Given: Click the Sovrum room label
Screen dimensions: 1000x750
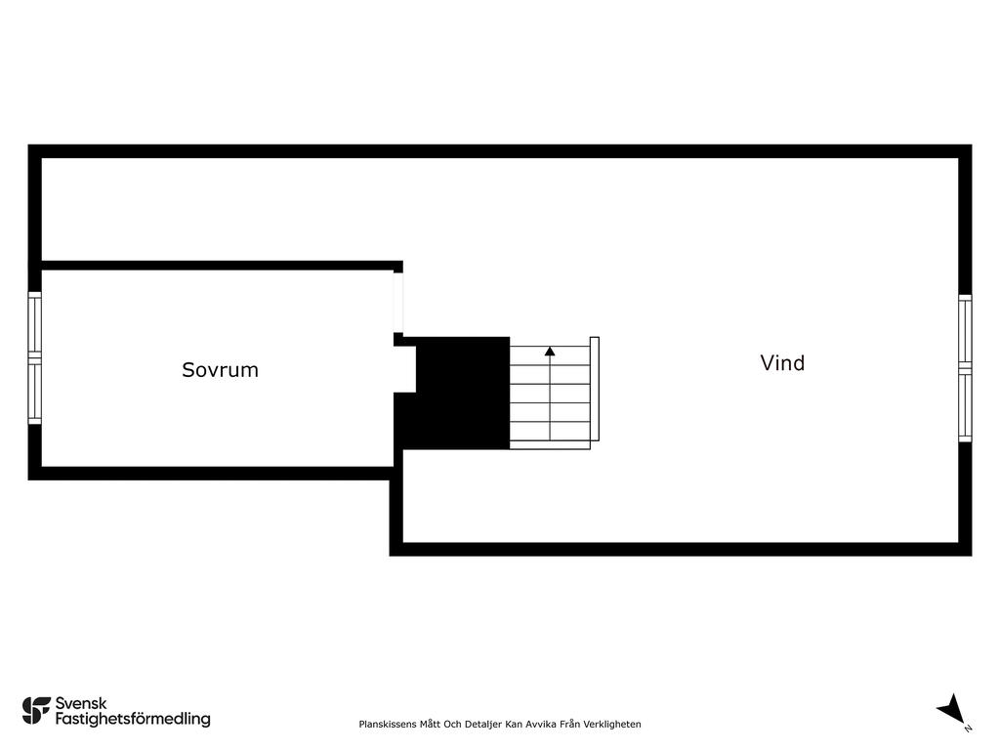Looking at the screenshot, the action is (x=220, y=370).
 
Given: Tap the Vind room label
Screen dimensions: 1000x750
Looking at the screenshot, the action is (x=782, y=363).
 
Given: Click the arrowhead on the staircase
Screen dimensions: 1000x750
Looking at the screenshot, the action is (x=550, y=351).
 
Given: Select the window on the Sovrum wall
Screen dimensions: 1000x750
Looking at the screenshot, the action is (x=34, y=357).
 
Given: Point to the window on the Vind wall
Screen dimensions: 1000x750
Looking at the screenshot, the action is (x=965, y=368).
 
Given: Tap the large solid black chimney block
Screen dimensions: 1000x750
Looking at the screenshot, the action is (x=456, y=393).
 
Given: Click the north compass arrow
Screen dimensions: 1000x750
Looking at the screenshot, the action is (x=951, y=709).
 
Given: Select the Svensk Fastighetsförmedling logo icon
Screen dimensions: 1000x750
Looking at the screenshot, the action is (x=36, y=711).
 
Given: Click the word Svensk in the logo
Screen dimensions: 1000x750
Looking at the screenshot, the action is (x=81, y=703).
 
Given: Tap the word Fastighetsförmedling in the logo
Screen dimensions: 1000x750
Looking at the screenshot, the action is (x=133, y=719).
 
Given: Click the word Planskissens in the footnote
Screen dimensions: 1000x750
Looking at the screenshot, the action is (x=388, y=724).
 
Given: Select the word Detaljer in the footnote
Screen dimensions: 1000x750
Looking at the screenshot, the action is (x=482, y=724).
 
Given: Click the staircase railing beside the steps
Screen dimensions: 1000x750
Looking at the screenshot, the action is (x=595, y=389).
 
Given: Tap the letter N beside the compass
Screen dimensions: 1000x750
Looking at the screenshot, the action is (x=968, y=729).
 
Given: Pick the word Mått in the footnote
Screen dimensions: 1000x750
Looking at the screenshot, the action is (x=430, y=724).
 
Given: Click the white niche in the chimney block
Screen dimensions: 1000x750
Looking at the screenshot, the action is (x=405, y=369).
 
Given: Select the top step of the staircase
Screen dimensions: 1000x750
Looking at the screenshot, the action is (x=550, y=355).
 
